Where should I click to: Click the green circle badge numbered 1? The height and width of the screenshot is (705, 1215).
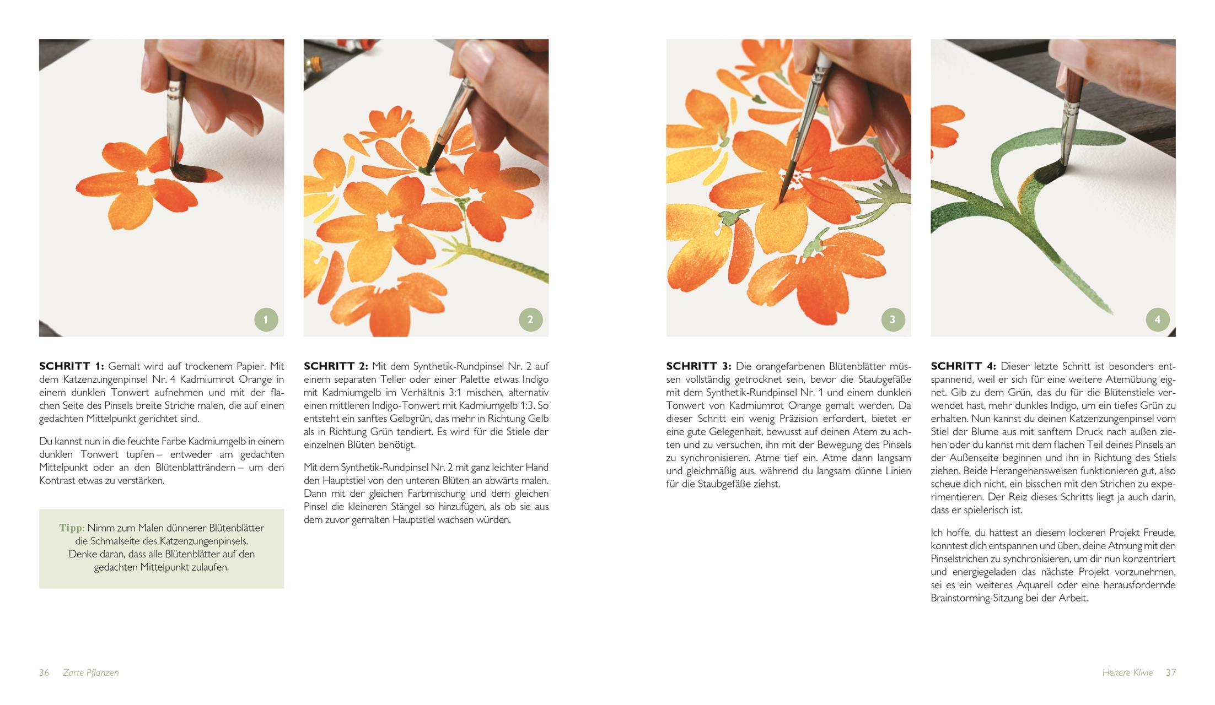266,319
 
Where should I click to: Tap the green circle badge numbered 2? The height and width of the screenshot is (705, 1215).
530,319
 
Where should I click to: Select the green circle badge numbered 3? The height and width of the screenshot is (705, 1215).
893,319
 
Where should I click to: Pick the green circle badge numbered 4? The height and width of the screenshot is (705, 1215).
1157,319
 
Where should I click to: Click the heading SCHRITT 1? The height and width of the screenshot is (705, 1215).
72,366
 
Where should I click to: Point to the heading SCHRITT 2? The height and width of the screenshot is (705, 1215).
336,366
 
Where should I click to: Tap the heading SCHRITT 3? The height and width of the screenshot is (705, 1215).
698,366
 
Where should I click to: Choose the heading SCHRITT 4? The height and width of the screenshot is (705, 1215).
963,366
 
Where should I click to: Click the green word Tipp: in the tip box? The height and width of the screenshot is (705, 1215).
72,528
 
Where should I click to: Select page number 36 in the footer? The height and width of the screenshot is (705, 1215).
44,673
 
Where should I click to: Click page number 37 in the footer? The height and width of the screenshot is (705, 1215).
1171,673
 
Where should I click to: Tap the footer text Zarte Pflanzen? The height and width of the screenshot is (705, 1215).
91,673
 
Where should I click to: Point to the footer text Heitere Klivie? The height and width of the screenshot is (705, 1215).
1127,673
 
